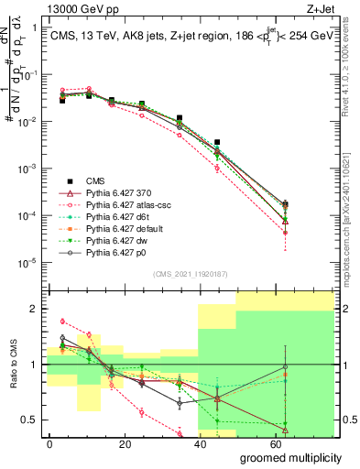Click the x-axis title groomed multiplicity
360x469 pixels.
292,456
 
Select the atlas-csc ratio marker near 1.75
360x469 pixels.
62,322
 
